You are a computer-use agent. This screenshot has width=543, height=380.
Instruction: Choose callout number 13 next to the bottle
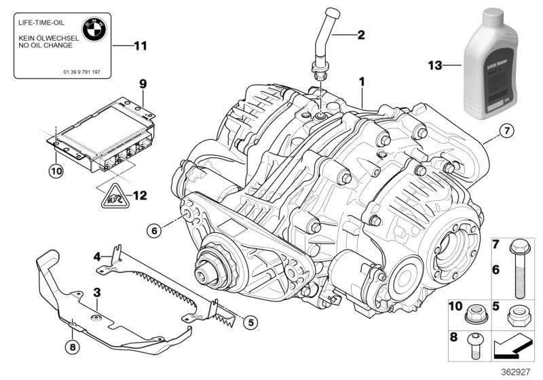pos(435,65)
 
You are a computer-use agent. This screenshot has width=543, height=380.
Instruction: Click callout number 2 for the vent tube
pos(361,34)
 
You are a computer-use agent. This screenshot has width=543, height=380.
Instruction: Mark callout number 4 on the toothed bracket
pos(98,256)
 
